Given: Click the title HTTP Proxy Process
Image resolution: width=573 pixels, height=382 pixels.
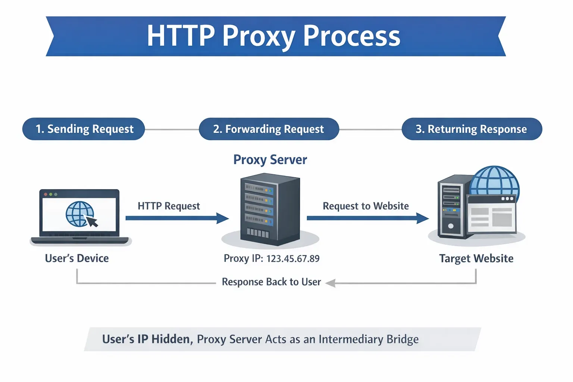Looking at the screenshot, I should pos(273,36).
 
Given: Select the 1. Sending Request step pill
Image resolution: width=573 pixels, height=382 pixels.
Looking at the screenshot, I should pos(84,129).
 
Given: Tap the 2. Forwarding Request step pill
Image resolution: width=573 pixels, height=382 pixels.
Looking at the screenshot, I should pos(269,129).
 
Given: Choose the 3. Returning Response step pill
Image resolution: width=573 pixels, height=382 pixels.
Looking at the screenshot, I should pos(471,129).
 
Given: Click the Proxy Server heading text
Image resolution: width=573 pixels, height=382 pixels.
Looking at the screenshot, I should pos(270,160).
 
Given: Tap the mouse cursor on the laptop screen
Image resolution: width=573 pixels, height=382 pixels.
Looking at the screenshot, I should pos(92,222).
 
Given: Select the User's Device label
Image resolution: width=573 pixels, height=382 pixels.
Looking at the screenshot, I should pos(77,258).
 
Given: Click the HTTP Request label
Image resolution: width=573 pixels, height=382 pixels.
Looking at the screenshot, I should pos(169,206).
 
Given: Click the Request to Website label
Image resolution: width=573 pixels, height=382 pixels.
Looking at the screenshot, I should pos(366,206).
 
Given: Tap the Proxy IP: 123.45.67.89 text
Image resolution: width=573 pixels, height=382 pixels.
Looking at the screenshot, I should pos(272,259).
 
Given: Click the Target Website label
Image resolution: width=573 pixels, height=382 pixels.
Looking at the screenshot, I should pos(476,259).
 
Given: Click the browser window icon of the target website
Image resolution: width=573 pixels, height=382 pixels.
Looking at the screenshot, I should pos(492,214).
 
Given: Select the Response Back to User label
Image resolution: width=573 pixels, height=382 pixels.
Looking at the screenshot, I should pos(271,282).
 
